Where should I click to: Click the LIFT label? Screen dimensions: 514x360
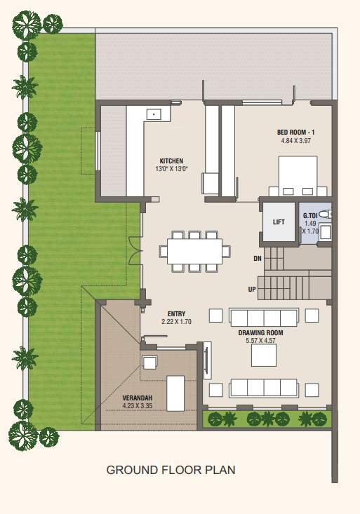click(x=279, y=222)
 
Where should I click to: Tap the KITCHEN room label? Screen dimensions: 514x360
click(x=171, y=160)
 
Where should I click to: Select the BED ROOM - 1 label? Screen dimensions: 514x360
click(x=295, y=132)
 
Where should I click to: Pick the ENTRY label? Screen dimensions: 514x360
click(x=176, y=313)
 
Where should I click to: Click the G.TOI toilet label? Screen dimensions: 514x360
click(x=309, y=216)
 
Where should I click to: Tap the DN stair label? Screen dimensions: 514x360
click(x=258, y=259)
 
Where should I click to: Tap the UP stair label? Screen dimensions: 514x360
click(x=252, y=289)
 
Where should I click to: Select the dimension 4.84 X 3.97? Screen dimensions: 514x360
click(x=295, y=140)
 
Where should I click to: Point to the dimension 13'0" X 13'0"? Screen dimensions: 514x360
click(x=171, y=168)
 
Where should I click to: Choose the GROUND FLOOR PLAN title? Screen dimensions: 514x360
click(x=171, y=470)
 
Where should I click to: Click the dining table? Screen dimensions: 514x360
click(x=194, y=250)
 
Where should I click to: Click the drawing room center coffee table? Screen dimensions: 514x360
click(x=265, y=356)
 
